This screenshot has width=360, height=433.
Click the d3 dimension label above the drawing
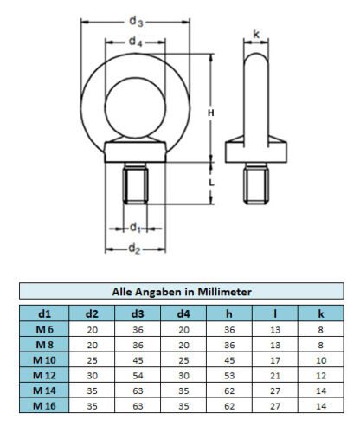click(136, 22)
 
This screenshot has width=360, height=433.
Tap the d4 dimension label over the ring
click(135, 42)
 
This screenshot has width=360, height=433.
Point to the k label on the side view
click(256, 34)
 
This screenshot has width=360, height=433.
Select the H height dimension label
click(211, 113)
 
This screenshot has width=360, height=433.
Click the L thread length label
click(211, 183)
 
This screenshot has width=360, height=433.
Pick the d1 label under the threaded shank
click(135, 228)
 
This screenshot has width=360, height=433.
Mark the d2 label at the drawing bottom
click(134, 249)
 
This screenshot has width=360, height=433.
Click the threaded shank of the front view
click(135, 184)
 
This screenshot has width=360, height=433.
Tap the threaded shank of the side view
click(256, 184)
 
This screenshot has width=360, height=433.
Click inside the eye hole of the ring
click(135, 107)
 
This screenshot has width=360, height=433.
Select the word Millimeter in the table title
click(224, 292)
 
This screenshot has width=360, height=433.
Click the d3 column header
click(138, 313)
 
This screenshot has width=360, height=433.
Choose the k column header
click(321, 313)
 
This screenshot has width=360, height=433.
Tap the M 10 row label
click(44, 360)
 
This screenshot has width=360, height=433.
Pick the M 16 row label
click(44, 406)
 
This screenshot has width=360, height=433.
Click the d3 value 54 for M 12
click(138, 376)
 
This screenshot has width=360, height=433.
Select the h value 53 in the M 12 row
click(229, 376)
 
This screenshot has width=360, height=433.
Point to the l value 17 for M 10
click(275, 360)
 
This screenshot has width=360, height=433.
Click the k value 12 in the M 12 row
click(321, 376)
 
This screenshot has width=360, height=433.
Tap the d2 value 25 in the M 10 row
click(92, 360)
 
